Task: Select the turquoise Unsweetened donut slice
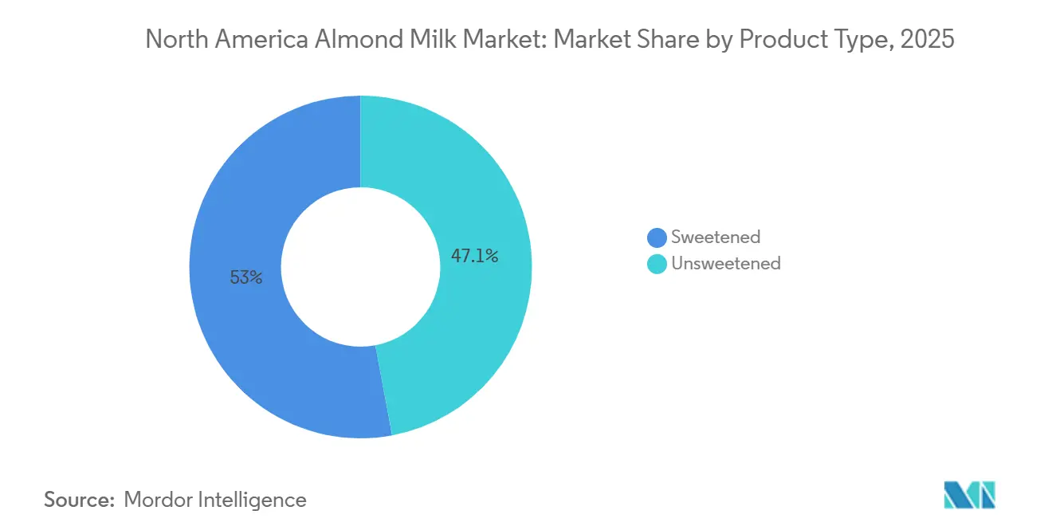click(478, 319)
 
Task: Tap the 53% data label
click(245, 277)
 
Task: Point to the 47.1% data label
click(474, 256)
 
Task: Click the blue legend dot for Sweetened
click(657, 238)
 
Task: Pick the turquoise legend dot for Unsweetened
click(657, 264)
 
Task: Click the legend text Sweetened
click(716, 237)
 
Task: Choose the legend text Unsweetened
click(726, 263)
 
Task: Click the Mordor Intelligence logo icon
click(969, 495)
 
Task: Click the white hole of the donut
click(360, 266)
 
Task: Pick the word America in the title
click(257, 40)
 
